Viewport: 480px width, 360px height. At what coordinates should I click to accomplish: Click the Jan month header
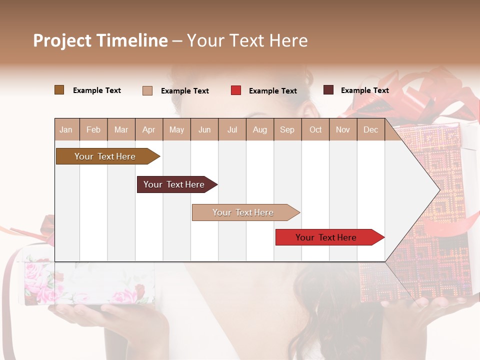coord(66,129)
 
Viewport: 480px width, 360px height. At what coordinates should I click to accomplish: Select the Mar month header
coord(121,129)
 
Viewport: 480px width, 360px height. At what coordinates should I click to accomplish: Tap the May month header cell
coord(176,129)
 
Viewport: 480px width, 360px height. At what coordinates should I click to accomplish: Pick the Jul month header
coord(232,129)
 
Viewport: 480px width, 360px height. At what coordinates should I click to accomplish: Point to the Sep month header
coord(287,129)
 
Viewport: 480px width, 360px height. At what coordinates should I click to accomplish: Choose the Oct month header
coord(315,129)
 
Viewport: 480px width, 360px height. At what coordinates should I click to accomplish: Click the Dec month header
coord(370,129)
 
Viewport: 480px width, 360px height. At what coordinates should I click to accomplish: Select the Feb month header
coord(93,129)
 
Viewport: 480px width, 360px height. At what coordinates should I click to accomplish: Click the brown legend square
coord(59,90)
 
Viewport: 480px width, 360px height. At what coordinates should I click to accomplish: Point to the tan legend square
coord(147,90)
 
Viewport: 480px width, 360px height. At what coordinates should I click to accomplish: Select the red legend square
coord(236,90)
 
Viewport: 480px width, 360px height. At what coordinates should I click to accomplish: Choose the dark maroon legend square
coord(328,90)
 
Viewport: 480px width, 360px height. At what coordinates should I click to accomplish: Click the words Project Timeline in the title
coord(100,40)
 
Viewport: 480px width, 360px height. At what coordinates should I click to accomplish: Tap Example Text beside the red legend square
coord(272,91)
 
